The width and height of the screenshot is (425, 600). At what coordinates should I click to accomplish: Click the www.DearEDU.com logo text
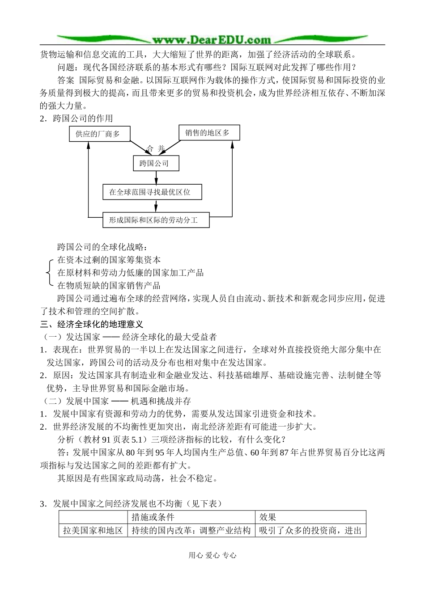click(212, 40)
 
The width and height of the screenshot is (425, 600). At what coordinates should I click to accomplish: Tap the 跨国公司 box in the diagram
click(156, 163)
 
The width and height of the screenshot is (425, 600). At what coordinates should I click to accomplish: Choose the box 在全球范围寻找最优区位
click(152, 192)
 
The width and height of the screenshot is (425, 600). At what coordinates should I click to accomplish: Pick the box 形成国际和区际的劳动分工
click(156, 220)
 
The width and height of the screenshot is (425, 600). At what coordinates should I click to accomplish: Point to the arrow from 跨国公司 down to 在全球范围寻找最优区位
click(156, 178)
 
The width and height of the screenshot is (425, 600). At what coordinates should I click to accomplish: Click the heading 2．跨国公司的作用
click(76, 118)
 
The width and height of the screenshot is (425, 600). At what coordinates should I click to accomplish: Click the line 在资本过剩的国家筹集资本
click(109, 260)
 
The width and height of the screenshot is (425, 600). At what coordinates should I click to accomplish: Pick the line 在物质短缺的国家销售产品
click(109, 285)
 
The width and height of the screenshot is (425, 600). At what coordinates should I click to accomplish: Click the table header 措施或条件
click(153, 517)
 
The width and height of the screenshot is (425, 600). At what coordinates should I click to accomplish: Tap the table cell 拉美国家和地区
click(93, 530)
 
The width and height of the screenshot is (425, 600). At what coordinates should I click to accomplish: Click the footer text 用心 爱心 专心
click(212, 555)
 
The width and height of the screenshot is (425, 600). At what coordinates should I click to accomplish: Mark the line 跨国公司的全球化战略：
click(102, 247)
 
